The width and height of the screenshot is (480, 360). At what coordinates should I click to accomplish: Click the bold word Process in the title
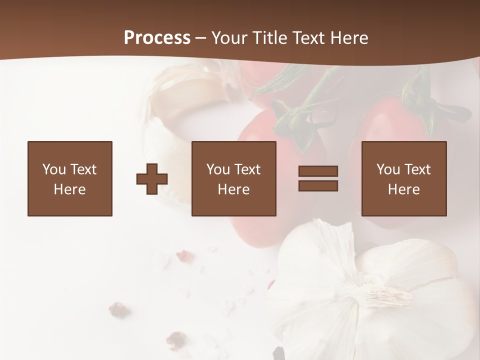157,38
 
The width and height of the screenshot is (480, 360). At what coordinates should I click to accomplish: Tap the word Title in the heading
271,38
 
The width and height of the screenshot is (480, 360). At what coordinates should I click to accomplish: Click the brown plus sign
152,179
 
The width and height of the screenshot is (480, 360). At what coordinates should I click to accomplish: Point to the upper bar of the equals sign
318,171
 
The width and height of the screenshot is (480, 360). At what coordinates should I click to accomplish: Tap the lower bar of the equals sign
318,185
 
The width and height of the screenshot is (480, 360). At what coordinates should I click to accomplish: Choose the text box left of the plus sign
70,178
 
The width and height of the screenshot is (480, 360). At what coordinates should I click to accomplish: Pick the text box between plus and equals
234,178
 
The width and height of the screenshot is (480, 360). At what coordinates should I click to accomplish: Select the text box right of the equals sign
404,178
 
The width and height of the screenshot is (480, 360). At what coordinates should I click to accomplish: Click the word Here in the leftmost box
69,189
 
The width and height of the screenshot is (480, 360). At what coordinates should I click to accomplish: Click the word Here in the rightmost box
403,189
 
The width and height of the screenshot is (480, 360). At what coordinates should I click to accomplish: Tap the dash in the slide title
201,38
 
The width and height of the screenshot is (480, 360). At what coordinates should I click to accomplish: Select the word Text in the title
307,38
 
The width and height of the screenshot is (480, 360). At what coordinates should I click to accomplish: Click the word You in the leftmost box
54,169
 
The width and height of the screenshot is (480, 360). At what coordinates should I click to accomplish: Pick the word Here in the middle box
233,189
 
